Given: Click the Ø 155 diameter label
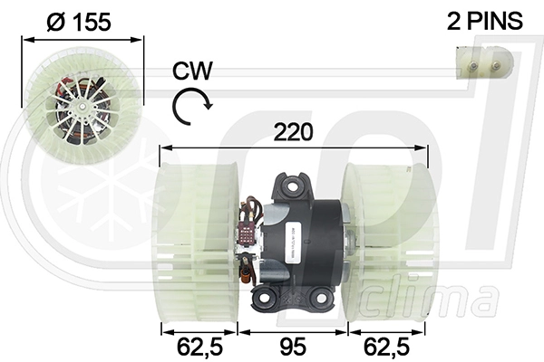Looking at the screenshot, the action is point(79,22).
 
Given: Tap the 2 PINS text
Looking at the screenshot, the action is point(485,21).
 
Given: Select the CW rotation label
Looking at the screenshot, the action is point(192,71).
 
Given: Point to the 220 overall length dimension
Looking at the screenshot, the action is point(293,132).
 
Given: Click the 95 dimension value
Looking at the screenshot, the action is point(293,347).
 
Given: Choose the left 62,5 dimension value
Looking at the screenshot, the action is point(199,348).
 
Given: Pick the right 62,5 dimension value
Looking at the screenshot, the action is point(386,348).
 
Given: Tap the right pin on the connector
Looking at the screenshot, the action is point(496,65).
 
